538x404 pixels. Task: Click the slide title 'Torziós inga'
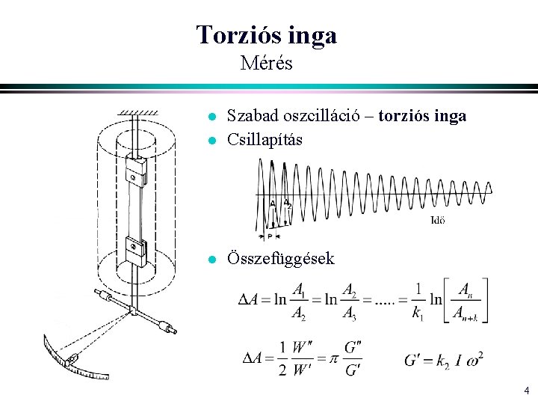tap(266, 34)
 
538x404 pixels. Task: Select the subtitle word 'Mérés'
tap(267, 63)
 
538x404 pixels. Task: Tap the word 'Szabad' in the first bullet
tap(250, 116)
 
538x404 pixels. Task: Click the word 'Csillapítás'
tap(265, 138)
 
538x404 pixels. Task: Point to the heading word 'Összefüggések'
tap(281, 259)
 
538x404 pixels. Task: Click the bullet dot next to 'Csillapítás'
tap(212, 139)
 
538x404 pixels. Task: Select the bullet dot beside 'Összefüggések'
tap(212, 260)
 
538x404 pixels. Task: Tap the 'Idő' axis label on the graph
tap(439, 220)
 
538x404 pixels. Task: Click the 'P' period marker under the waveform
tap(270, 236)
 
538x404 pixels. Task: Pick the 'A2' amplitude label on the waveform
tap(288, 203)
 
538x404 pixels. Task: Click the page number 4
tap(526, 390)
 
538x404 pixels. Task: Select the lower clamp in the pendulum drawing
tap(136, 249)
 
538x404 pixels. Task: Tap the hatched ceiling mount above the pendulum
tap(133, 111)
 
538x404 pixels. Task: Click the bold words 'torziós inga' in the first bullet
tap(422, 116)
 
